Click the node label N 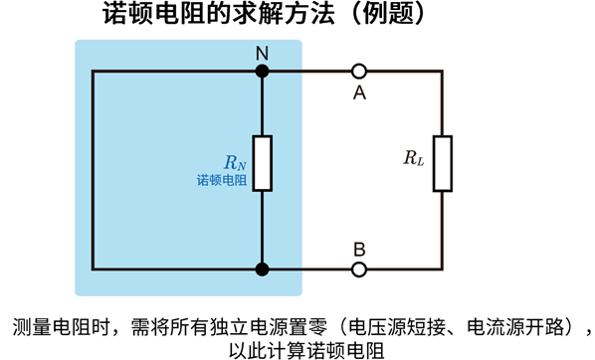pos(262,53)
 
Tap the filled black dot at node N pos(262,71)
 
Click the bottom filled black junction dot pos(262,269)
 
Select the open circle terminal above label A pos(359,71)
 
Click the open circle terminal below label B pos(359,269)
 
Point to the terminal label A pos(359,91)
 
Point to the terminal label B pos(359,249)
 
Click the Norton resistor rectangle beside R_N pos(262,161)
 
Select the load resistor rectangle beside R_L pos(442,161)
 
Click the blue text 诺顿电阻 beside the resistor pos(221,180)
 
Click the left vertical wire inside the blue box pos(93,169)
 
